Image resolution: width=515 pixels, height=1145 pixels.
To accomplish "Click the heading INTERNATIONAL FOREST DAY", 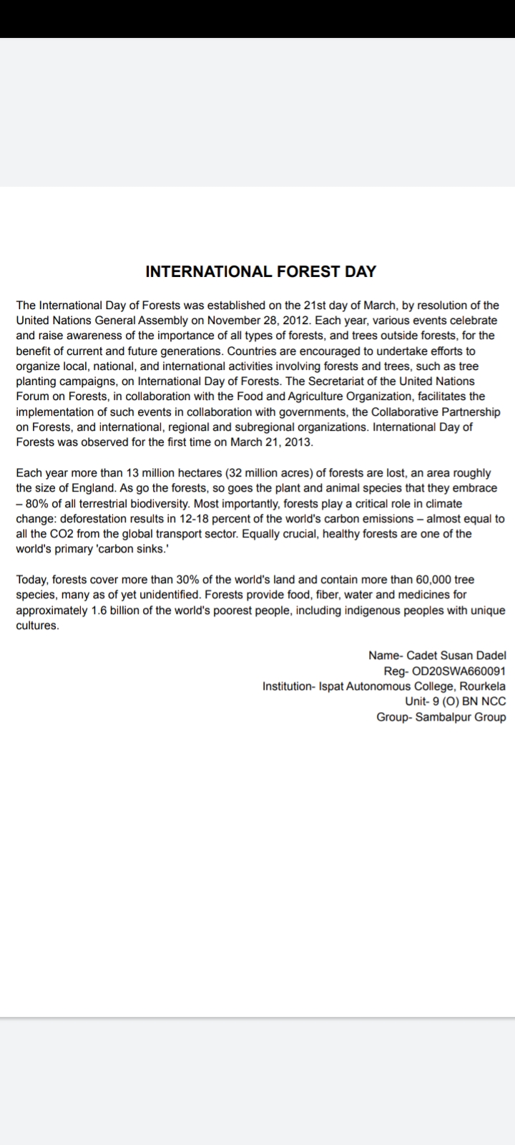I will point(260,272).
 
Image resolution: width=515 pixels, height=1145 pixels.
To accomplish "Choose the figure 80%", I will point(36,503).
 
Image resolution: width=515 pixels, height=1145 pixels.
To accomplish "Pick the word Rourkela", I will point(483,686).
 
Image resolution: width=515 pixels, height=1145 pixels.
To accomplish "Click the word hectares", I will point(196,473).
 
